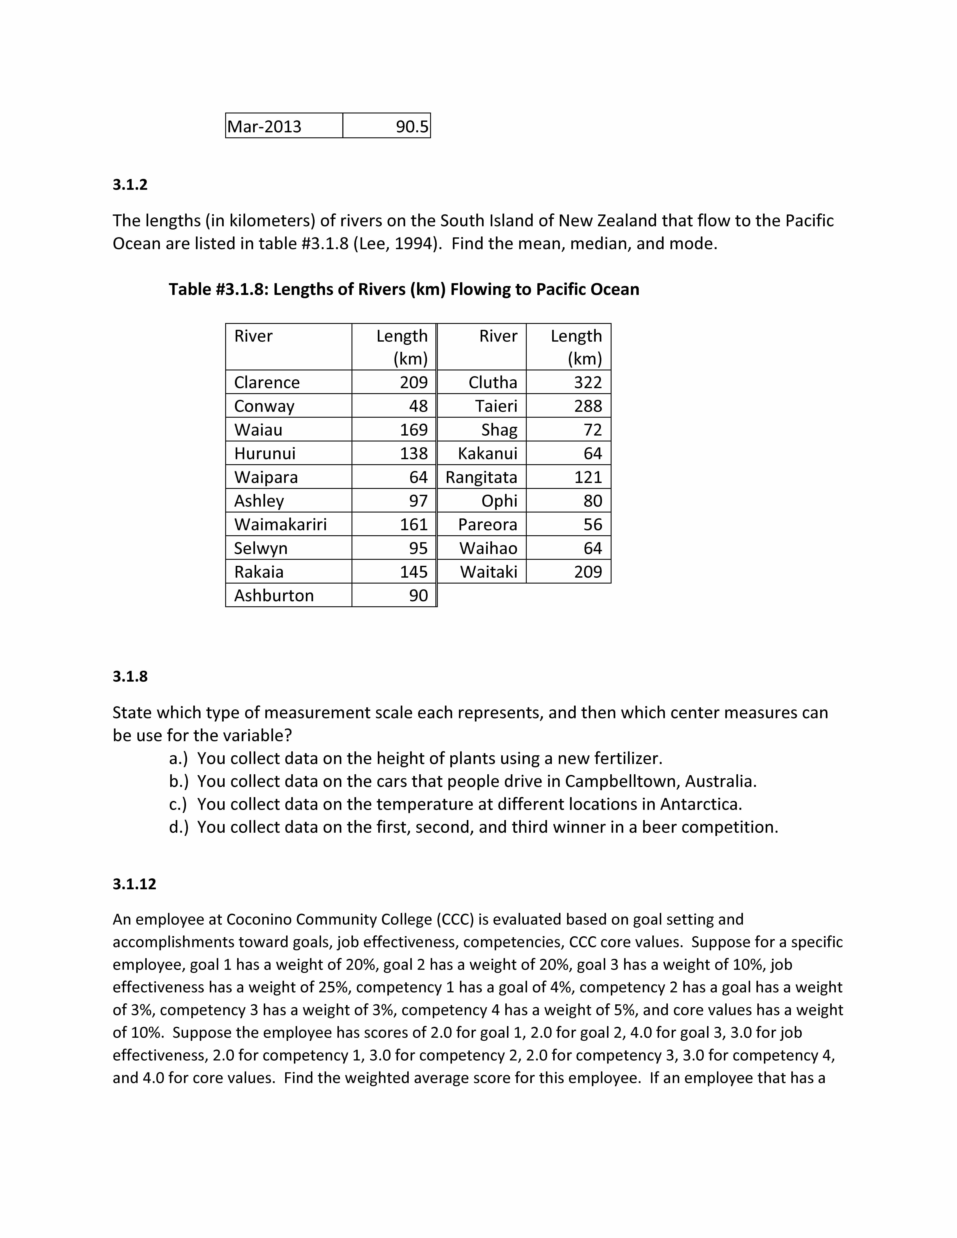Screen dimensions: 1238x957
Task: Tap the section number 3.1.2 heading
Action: [130, 185]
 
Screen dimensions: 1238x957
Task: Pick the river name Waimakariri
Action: [281, 524]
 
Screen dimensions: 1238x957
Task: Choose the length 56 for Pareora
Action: [592, 524]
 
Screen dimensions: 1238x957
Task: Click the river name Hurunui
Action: [265, 453]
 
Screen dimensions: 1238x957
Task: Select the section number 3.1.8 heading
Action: [130, 676]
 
